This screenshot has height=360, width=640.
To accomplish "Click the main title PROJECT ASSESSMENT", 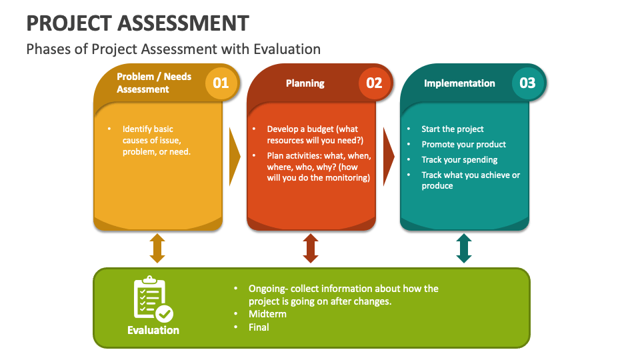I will (x=137, y=23).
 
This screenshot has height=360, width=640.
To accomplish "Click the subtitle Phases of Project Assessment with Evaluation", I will (x=173, y=49).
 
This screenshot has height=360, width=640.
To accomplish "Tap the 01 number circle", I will (x=221, y=83).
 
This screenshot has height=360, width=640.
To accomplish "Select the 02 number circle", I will (x=374, y=83).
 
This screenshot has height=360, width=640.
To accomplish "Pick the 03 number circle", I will (x=527, y=83).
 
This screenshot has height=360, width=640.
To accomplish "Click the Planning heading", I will (x=305, y=83).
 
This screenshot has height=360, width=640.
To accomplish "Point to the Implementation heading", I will (x=459, y=83).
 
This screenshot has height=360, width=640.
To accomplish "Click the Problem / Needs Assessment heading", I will (x=154, y=83).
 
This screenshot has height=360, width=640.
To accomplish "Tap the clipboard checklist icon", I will (x=153, y=299).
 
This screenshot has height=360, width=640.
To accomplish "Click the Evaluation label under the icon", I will (x=153, y=330).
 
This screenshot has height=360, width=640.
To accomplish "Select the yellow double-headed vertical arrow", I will (x=157, y=248).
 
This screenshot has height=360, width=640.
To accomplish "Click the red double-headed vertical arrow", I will (x=311, y=248).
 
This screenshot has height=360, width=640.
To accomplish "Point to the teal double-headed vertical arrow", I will (x=464, y=248).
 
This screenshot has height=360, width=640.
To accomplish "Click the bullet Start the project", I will (x=453, y=129).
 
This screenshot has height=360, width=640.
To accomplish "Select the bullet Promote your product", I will (x=464, y=144).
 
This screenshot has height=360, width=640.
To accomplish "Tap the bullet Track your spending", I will (x=459, y=159).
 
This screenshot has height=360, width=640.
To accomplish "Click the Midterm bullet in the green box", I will (x=267, y=314).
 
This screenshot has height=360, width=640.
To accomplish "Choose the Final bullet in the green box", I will (x=259, y=327).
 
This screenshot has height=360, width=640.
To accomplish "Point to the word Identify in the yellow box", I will (x=138, y=129).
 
